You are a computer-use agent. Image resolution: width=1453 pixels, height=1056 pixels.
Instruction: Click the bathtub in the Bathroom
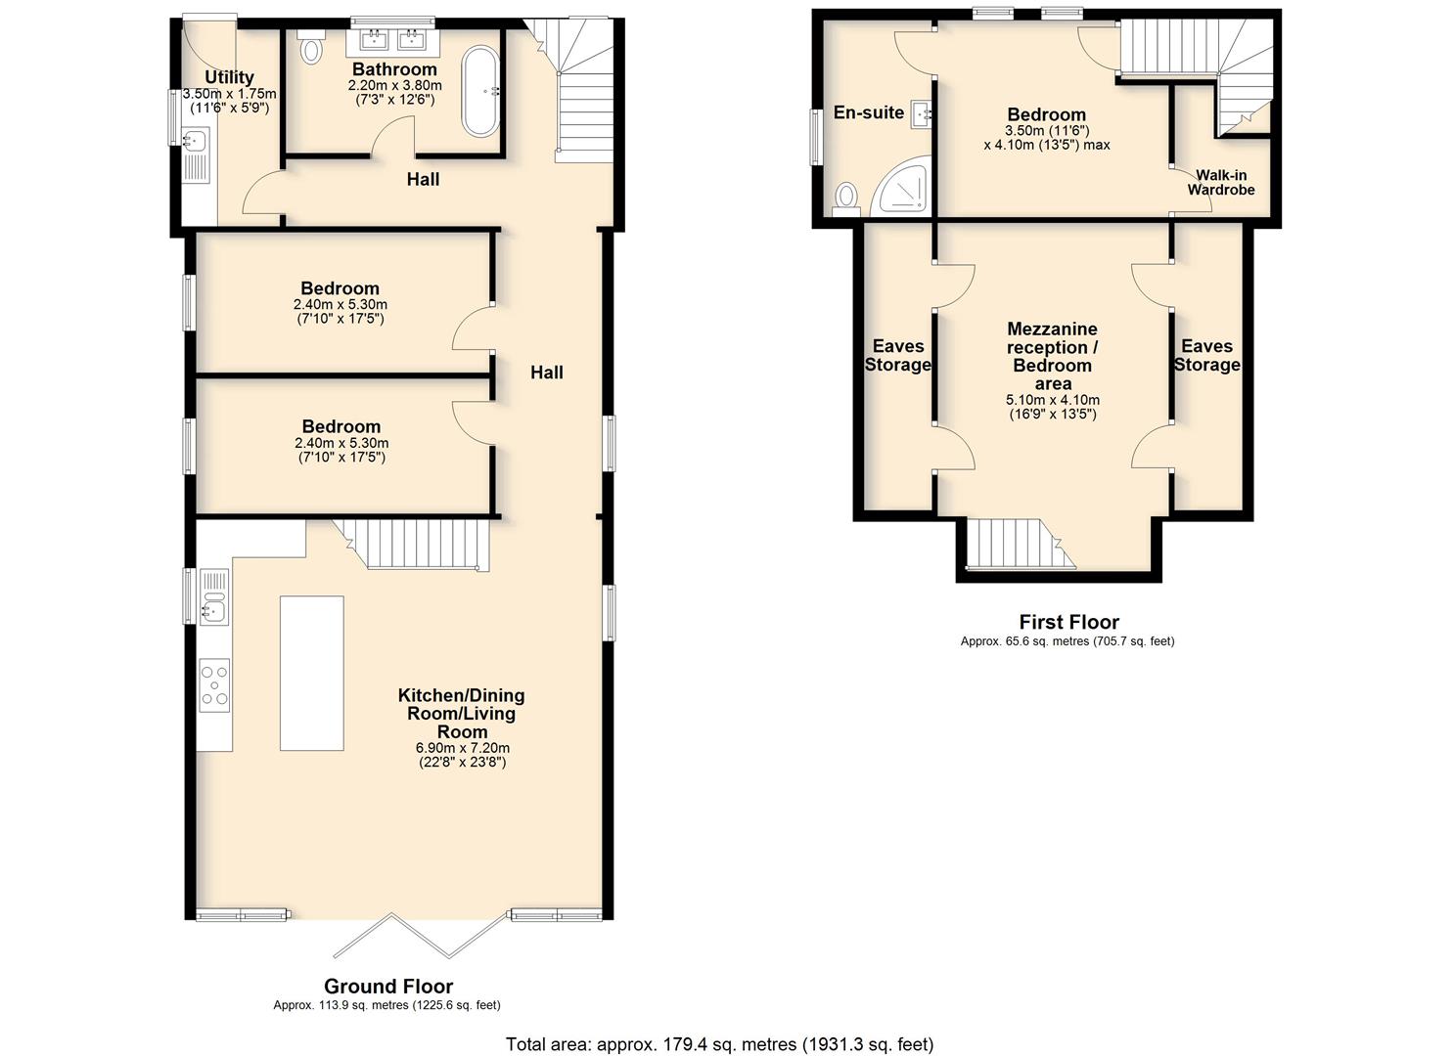(x=480, y=91)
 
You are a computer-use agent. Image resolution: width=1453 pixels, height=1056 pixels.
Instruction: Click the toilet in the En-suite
(x=845, y=199)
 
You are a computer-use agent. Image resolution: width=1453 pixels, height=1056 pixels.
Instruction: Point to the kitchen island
(x=311, y=673)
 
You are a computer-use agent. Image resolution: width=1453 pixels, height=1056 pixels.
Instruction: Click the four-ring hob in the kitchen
(x=214, y=685)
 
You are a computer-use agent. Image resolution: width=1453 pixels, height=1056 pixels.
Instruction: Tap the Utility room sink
(x=195, y=140)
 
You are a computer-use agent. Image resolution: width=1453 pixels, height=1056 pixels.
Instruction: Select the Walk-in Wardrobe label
(x=1221, y=183)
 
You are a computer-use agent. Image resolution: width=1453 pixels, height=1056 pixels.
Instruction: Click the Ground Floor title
(x=387, y=986)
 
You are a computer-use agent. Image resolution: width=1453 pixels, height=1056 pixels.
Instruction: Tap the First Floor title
(x=1069, y=622)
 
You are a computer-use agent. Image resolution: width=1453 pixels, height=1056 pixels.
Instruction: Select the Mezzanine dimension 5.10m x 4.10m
(x=1052, y=400)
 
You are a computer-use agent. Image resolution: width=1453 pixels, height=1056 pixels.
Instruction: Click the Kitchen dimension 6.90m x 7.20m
(x=463, y=747)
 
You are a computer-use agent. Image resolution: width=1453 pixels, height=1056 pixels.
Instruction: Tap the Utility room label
(x=229, y=77)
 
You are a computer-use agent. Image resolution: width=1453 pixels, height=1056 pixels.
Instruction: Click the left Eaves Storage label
(x=898, y=355)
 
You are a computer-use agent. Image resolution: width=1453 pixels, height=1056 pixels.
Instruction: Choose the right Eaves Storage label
(x=1206, y=355)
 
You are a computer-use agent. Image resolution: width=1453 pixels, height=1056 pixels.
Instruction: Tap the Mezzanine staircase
(x=1020, y=544)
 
